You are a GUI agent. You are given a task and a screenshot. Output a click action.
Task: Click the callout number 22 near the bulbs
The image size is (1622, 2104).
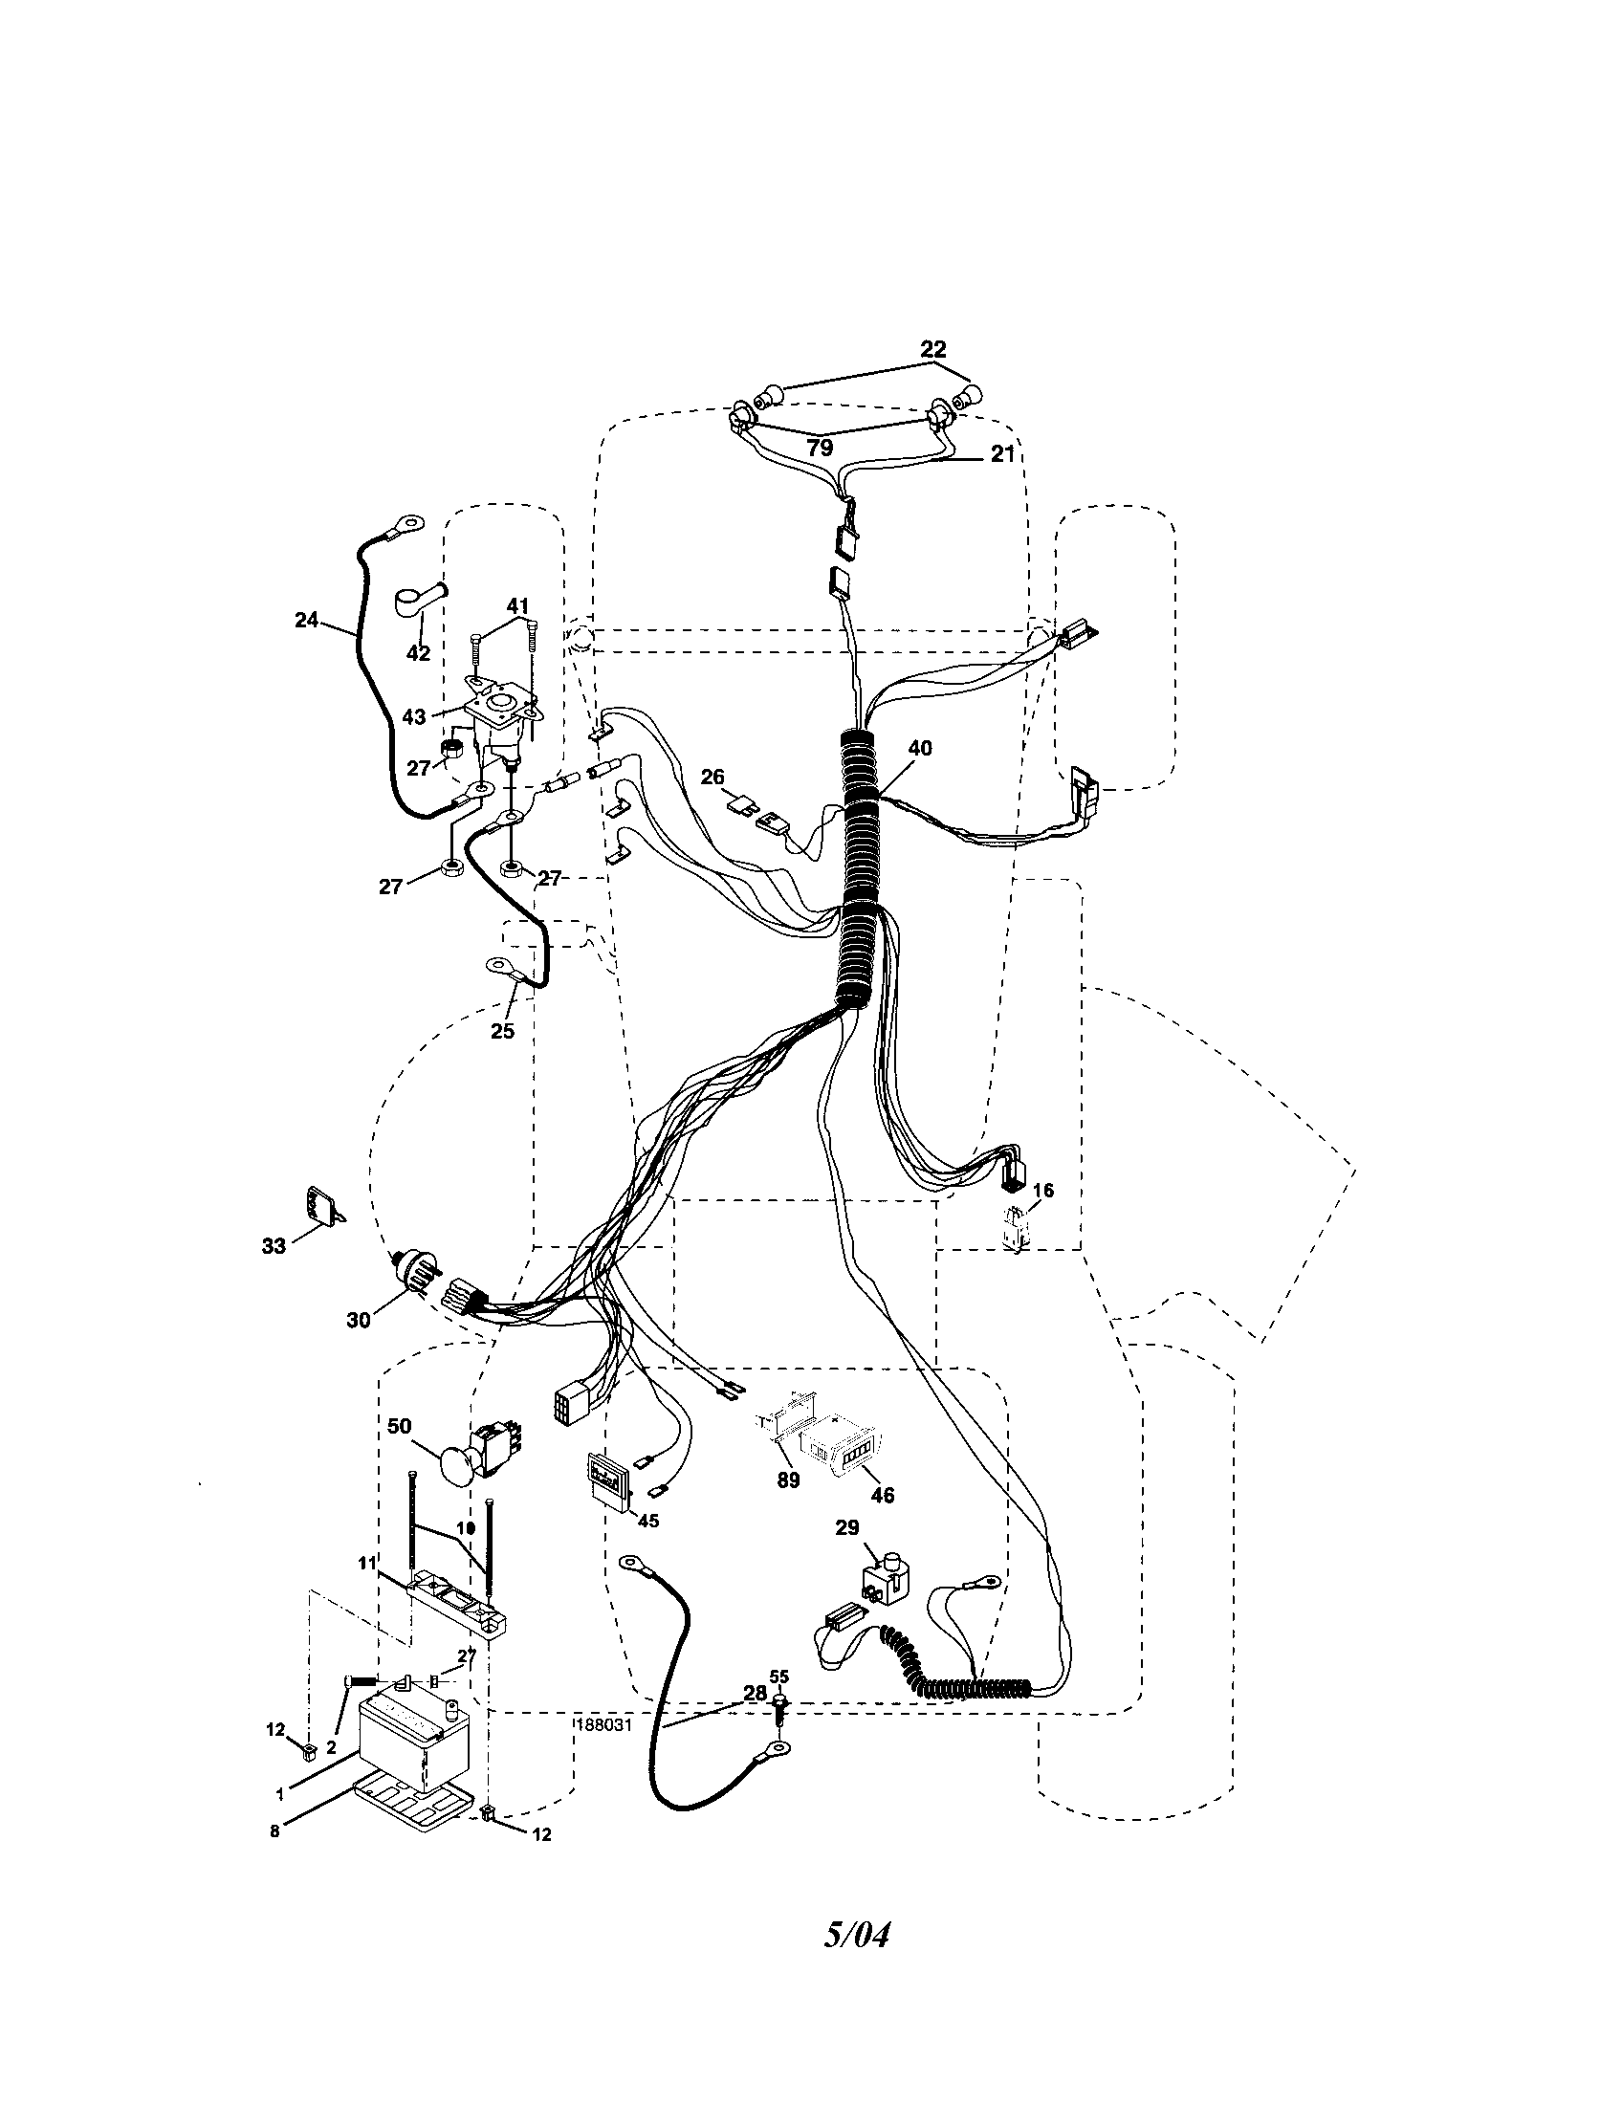(932, 349)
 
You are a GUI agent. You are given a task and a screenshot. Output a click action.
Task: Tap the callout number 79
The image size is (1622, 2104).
(819, 448)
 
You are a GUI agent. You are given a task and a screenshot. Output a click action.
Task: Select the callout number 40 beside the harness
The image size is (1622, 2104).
(920, 748)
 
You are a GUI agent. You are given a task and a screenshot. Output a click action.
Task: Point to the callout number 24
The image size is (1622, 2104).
(306, 621)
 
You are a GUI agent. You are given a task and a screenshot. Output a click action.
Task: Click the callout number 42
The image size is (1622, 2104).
(418, 653)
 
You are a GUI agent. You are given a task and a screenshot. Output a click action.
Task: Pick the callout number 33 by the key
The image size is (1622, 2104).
(274, 1245)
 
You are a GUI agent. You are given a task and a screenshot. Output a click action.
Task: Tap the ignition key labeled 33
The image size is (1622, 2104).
(321, 1207)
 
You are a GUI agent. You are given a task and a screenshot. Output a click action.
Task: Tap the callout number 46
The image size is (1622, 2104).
(883, 1494)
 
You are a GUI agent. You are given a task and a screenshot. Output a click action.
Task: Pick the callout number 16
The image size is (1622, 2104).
(1043, 1191)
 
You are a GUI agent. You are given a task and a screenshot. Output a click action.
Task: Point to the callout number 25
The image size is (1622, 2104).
(502, 1031)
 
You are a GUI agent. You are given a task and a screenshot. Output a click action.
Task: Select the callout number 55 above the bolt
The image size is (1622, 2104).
(779, 1677)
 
